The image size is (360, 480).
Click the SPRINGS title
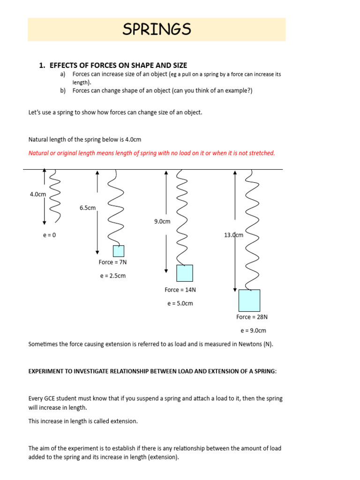coord(157,30)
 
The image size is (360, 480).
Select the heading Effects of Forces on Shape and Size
coord(118,65)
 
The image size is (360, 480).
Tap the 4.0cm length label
coord(37,194)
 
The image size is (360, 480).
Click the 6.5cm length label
coord(88,208)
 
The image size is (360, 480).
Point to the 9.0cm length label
coord(162,221)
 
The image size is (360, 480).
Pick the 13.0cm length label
coord(234,235)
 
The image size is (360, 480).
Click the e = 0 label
coord(49,235)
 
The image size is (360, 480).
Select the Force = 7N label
coord(112,262)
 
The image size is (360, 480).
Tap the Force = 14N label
coord(180,290)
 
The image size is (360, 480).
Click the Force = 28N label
coord(252,317)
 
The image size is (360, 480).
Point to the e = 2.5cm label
coord(112,276)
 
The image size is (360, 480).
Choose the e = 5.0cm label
coord(180,303)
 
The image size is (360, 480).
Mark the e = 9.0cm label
coord(253,330)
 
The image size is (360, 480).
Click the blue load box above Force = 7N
coord(119,251)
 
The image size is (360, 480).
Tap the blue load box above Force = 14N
coord(184,273)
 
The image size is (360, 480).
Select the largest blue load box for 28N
coord(249,300)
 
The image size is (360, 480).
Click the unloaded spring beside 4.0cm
coord(55,195)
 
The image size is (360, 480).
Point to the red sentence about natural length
coord(152,153)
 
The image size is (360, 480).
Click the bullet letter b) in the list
coord(63,91)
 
